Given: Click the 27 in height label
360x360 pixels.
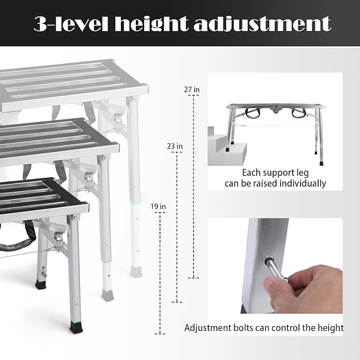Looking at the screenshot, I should tap(192, 90).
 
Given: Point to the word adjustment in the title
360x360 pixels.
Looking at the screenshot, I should tap(274, 24).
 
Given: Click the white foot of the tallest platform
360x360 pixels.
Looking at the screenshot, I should tap(135, 271).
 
